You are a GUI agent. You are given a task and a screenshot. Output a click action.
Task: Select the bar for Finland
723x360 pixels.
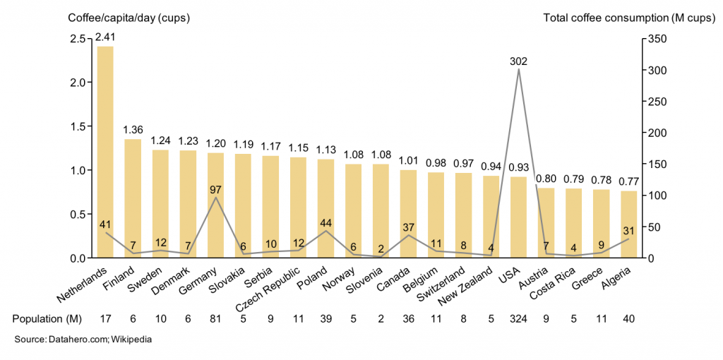point(133,198)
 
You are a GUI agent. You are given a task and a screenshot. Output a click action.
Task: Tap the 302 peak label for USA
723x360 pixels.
point(518,61)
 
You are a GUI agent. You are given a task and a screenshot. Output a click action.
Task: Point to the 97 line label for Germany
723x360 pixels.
point(215,189)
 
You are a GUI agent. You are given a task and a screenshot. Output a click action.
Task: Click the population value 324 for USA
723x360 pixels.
point(518,318)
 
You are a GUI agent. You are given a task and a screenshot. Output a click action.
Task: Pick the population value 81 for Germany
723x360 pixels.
point(215,318)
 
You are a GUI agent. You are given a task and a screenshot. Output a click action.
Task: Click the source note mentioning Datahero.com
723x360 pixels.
point(83,340)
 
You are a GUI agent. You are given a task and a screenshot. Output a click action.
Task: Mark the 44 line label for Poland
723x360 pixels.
point(325,222)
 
